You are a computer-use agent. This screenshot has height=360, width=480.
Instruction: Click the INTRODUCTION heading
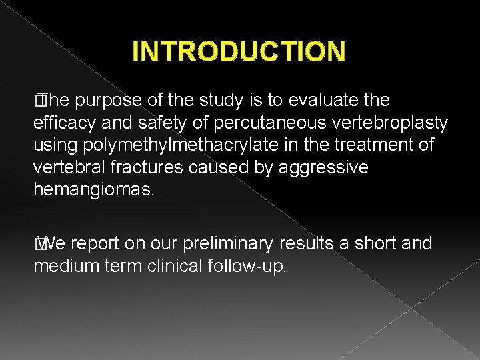(x=239, y=51)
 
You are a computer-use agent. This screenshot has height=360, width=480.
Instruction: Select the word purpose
(x=110, y=100)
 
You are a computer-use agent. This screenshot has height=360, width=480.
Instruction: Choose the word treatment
(x=373, y=145)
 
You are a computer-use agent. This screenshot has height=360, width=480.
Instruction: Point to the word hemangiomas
(x=93, y=190)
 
